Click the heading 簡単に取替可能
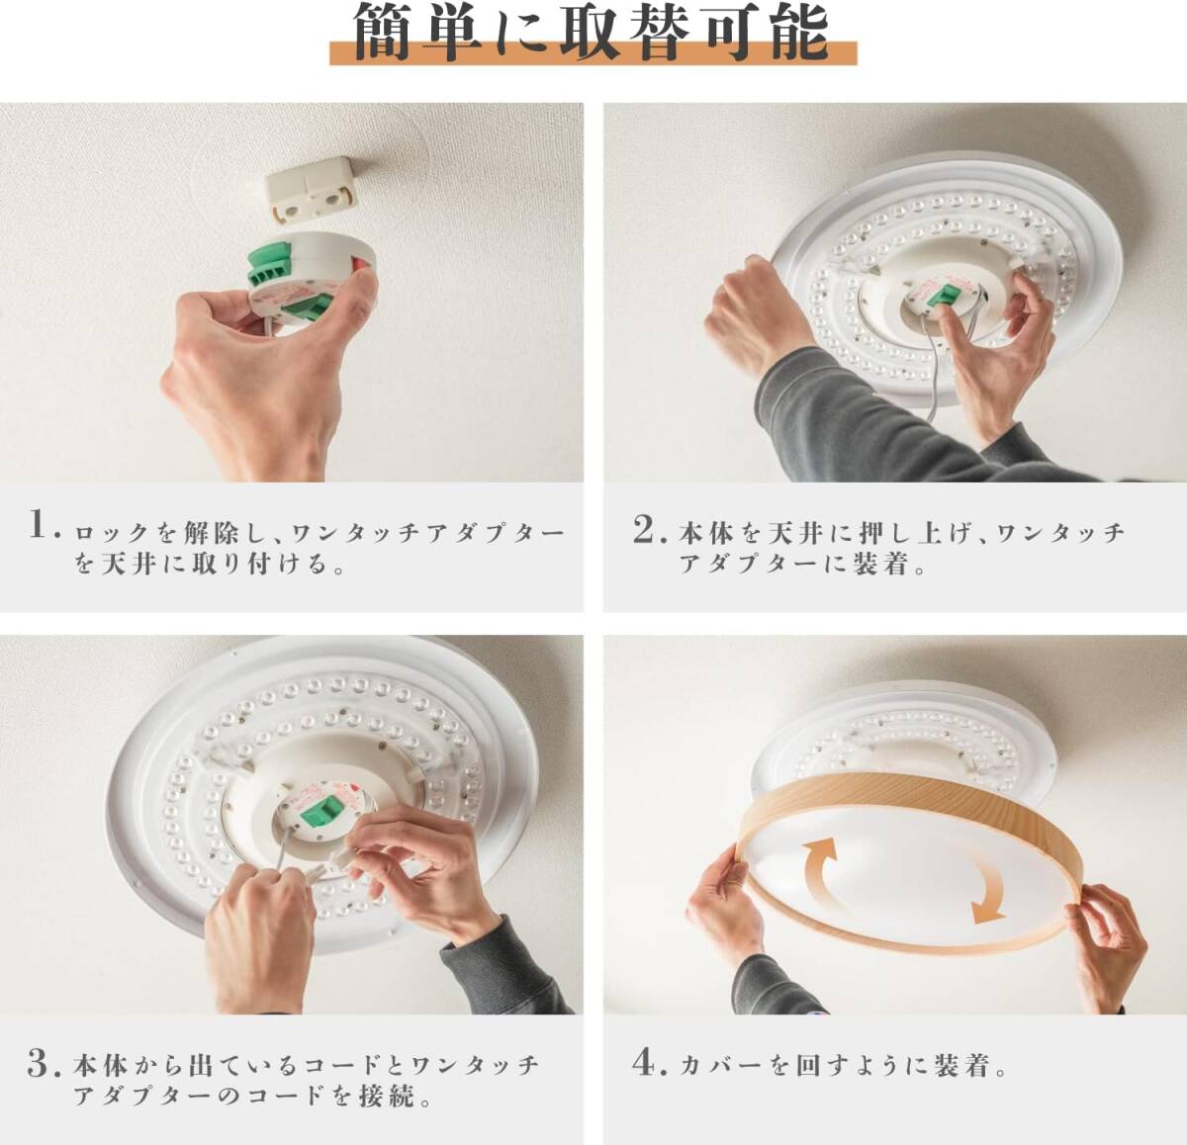click(x=592, y=33)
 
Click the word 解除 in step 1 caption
click(x=210, y=534)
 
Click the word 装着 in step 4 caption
click(x=960, y=1065)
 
